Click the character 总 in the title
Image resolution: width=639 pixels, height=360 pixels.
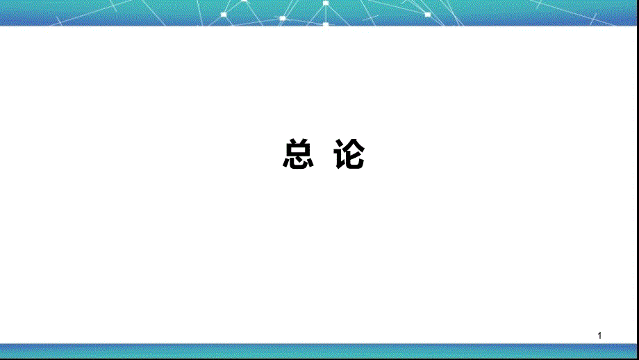[298, 154]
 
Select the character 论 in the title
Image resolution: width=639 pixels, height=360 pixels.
[349, 154]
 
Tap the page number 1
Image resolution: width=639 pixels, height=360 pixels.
[599, 336]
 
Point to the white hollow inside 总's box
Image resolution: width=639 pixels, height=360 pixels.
[299, 149]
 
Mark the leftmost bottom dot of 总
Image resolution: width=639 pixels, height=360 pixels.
[285, 163]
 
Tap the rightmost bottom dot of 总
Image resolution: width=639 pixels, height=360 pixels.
[310, 161]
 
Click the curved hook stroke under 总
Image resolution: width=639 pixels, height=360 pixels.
[298, 165]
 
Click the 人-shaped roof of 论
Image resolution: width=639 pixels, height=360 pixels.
[354, 145]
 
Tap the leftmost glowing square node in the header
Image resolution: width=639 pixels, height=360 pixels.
[224, 15]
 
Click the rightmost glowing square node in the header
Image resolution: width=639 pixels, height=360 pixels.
[427, 15]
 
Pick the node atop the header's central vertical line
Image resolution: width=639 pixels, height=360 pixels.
[326, 3]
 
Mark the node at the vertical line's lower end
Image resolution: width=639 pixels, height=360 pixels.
[326, 24]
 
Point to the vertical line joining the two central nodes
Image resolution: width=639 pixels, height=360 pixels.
[326, 14]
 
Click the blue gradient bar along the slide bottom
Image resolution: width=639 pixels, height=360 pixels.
[319, 351]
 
